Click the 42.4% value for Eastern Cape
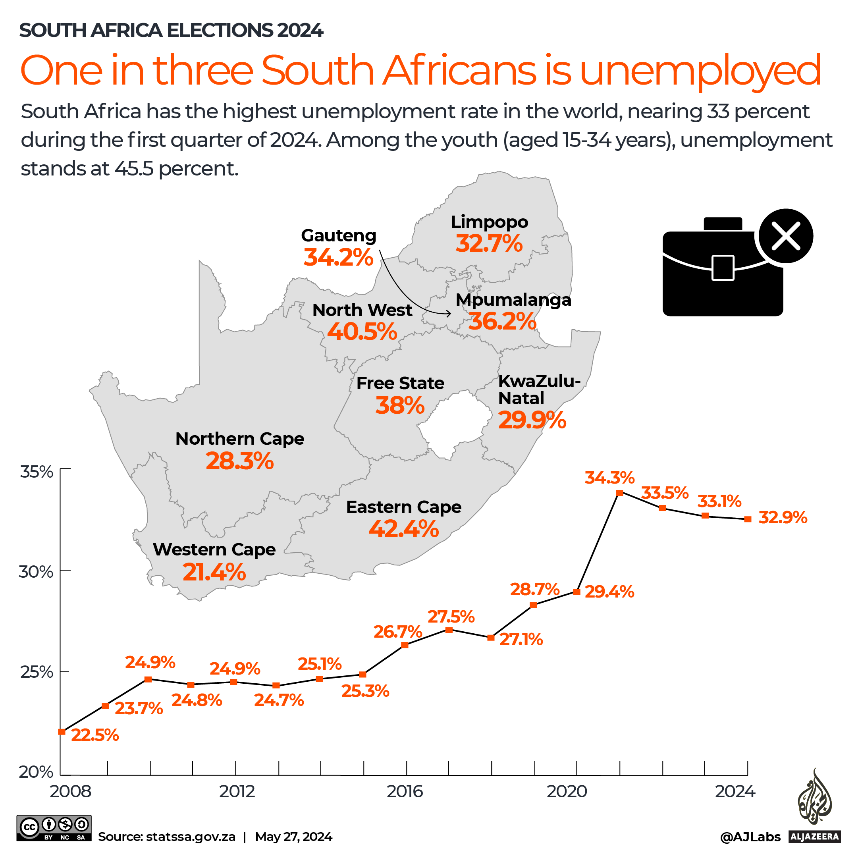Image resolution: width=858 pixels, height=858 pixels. [403, 529]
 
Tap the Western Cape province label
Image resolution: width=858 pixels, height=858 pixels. [214, 550]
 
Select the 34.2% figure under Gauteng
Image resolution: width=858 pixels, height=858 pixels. [338, 257]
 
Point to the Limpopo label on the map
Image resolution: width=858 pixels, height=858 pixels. [490, 222]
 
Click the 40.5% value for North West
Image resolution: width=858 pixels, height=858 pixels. [362, 331]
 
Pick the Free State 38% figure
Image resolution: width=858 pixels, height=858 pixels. [400, 405]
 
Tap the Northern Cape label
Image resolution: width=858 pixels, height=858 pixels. [240, 439]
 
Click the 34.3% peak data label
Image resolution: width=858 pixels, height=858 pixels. [609, 478]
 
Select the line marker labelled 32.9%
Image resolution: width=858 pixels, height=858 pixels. [748, 519]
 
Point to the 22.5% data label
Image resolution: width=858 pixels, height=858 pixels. [94, 735]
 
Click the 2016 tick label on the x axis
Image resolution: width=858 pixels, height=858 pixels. [405, 791]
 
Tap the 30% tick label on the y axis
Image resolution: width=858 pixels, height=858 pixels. [35, 572]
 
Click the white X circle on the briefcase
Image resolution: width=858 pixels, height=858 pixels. [786, 236]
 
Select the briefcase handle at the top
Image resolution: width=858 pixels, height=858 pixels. [723, 224]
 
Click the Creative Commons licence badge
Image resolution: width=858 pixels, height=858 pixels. [54, 828]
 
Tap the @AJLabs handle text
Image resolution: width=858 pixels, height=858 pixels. [750, 837]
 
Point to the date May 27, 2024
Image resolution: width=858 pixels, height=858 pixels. [293, 837]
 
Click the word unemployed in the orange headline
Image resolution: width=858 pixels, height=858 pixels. [700, 71]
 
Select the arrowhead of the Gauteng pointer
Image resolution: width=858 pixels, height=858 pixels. [450, 314]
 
